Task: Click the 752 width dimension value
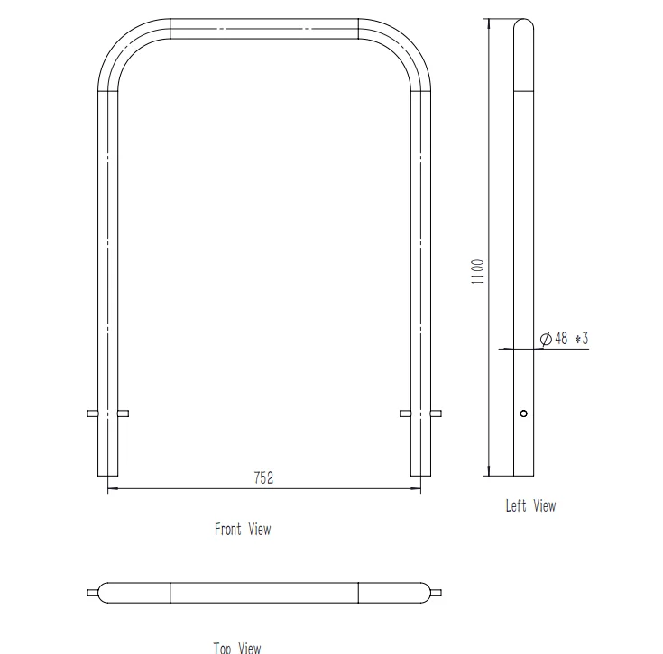[263, 478]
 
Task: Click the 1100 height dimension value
[478, 271]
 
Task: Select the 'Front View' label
[242, 529]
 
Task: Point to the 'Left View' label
[530, 506]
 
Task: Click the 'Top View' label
[237, 647]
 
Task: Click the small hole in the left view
[524, 413]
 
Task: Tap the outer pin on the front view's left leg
[92, 413]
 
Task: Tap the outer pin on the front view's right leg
[437, 413]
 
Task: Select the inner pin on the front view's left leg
[124, 413]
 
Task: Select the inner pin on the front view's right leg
[405, 413]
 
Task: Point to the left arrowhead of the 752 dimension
[111, 489]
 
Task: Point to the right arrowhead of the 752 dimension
[418, 489]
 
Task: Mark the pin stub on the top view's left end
[92, 593]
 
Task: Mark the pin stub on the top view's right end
[437, 593]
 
